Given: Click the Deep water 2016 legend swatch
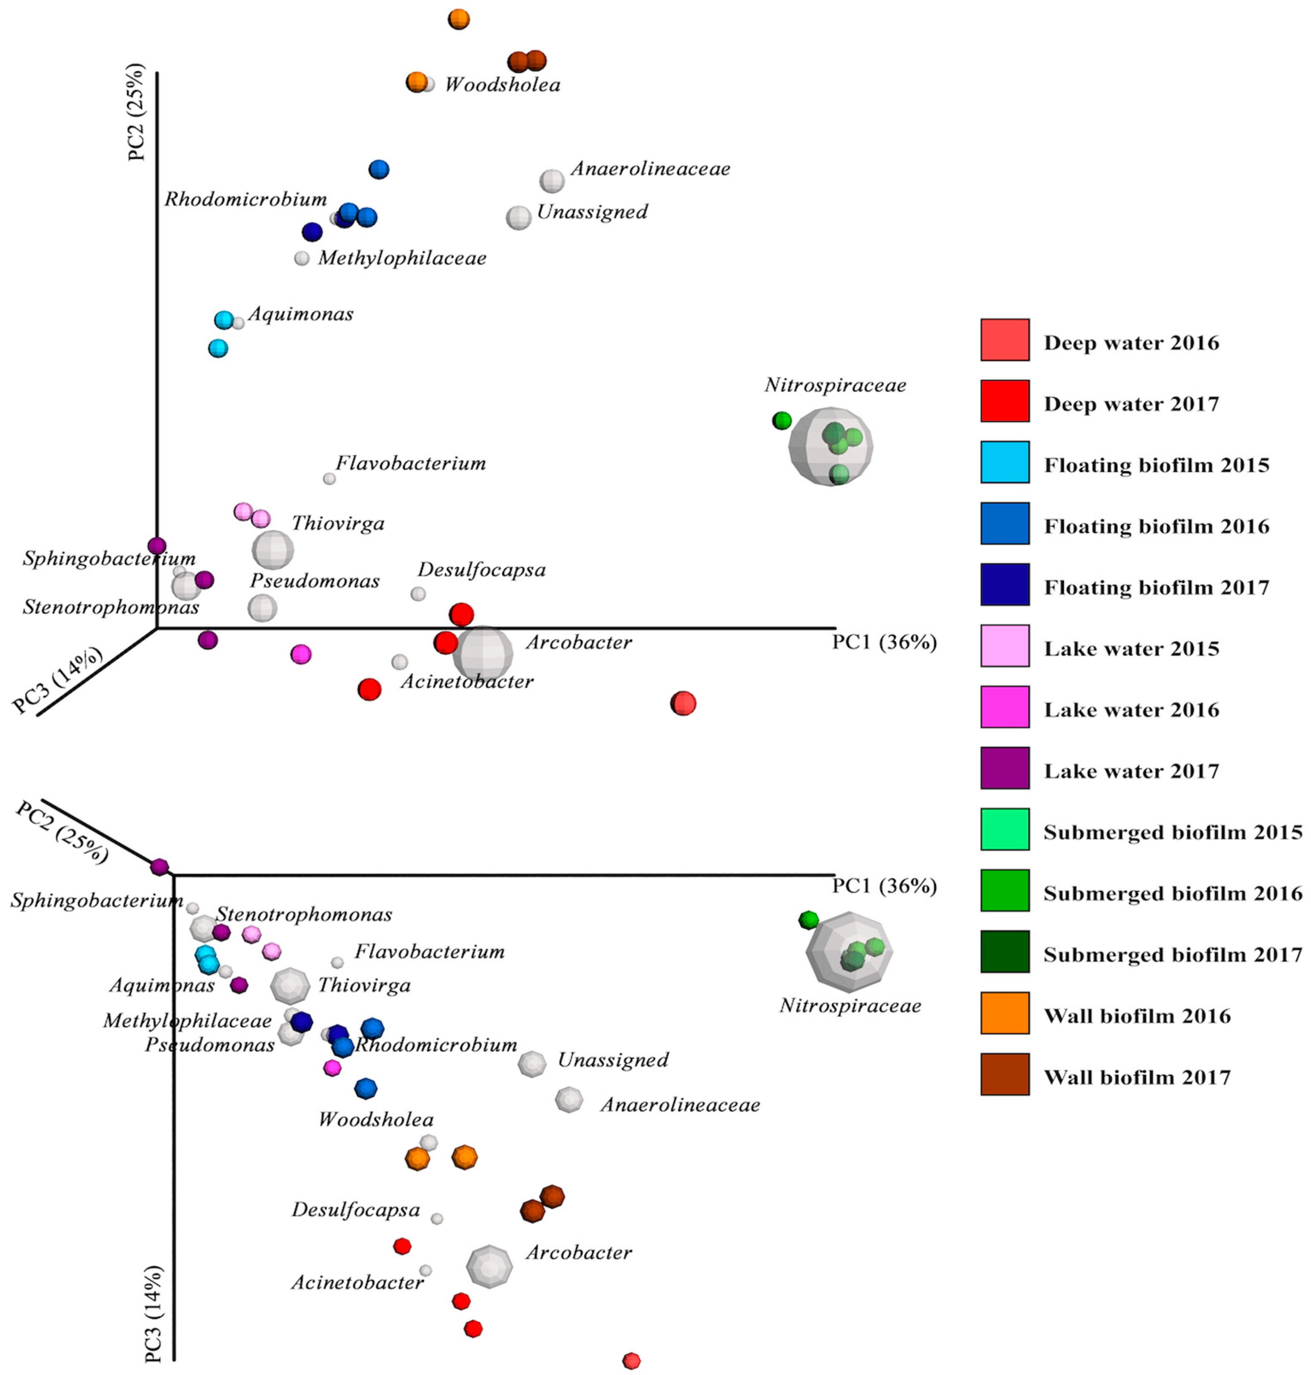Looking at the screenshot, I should point(1004,340).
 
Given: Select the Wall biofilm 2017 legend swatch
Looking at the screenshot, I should point(1004,1074).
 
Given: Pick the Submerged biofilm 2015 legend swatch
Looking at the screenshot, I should point(1004,829).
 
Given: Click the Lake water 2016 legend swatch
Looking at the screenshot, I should point(1004,707).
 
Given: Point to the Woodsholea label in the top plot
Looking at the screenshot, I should point(502,85).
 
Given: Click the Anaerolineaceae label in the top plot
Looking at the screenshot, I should point(650,169).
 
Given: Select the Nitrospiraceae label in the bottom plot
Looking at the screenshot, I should point(850,1006).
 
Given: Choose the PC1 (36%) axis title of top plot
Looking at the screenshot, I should point(883,642).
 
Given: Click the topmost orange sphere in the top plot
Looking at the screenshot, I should point(458,19).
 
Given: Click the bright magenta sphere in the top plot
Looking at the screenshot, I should point(300,654).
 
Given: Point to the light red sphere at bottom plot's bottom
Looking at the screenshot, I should point(631,1360).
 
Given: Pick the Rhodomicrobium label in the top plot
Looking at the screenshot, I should point(245,200).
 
